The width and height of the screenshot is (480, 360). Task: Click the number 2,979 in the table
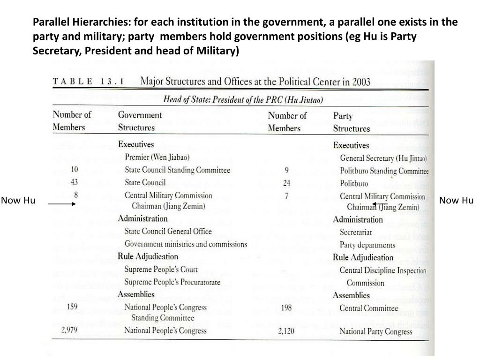point(69,330)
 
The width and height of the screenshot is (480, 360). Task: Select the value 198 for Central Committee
point(287,307)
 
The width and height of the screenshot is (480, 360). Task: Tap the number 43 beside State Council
point(75,182)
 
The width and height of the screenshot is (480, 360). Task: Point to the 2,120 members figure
point(285,331)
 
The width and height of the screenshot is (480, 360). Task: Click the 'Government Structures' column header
point(140,121)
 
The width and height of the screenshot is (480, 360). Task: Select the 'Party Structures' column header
point(351,122)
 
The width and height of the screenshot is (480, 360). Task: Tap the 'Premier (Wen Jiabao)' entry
point(157,157)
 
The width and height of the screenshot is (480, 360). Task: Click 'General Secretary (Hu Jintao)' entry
point(383,158)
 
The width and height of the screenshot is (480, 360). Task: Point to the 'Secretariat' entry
point(356,232)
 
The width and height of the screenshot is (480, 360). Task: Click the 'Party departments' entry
point(367,245)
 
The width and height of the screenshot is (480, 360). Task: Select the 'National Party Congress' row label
point(376,332)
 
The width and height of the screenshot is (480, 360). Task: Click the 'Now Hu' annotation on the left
point(18,201)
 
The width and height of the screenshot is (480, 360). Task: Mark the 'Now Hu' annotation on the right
point(456,201)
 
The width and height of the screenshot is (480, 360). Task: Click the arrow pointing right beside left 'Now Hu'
point(62,204)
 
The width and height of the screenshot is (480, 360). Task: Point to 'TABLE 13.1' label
point(88,81)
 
